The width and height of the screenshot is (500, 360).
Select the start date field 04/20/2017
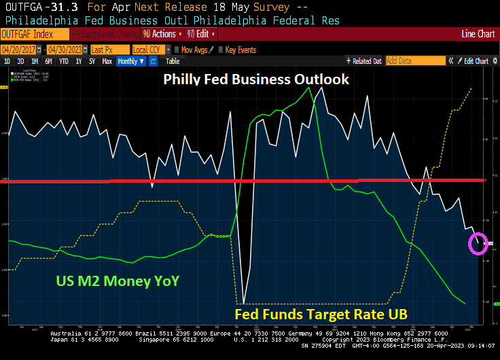18,50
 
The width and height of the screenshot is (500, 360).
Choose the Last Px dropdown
107,50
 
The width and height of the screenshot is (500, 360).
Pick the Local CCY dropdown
149,50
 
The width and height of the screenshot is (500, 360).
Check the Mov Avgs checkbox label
195,50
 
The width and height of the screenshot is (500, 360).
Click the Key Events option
240,50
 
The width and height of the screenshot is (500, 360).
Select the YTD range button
64,61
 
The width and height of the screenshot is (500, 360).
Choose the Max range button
107,61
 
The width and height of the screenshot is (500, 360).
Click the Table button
173,61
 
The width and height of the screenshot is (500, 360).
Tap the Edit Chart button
476,61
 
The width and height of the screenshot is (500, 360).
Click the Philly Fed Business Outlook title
256,79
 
